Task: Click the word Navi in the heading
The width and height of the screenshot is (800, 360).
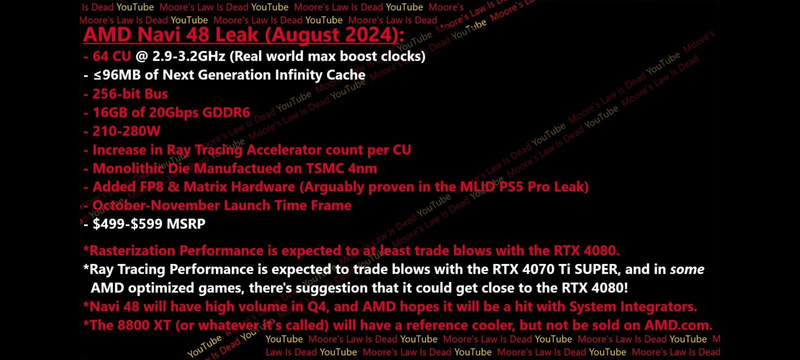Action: pyautogui.click(x=158, y=34)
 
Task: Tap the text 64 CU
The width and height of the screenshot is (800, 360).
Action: pyautogui.click(x=112, y=56)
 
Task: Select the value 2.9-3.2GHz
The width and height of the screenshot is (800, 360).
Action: pyautogui.click(x=188, y=56)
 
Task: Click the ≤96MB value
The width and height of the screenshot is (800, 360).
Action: pyautogui.click(x=117, y=75)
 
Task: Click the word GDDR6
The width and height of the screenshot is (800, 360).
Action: pyautogui.click(x=226, y=112)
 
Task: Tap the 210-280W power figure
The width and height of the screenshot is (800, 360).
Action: pyautogui.click(x=126, y=131)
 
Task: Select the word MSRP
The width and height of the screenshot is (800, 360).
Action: pyautogui.click(x=186, y=224)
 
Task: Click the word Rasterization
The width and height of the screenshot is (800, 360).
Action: pyautogui.click(x=132, y=250)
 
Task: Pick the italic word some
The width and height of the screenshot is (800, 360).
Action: pyautogui.click(x=687, y=269)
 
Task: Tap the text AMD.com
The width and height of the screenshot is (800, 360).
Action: pyautogui.click(x=678, y=325)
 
